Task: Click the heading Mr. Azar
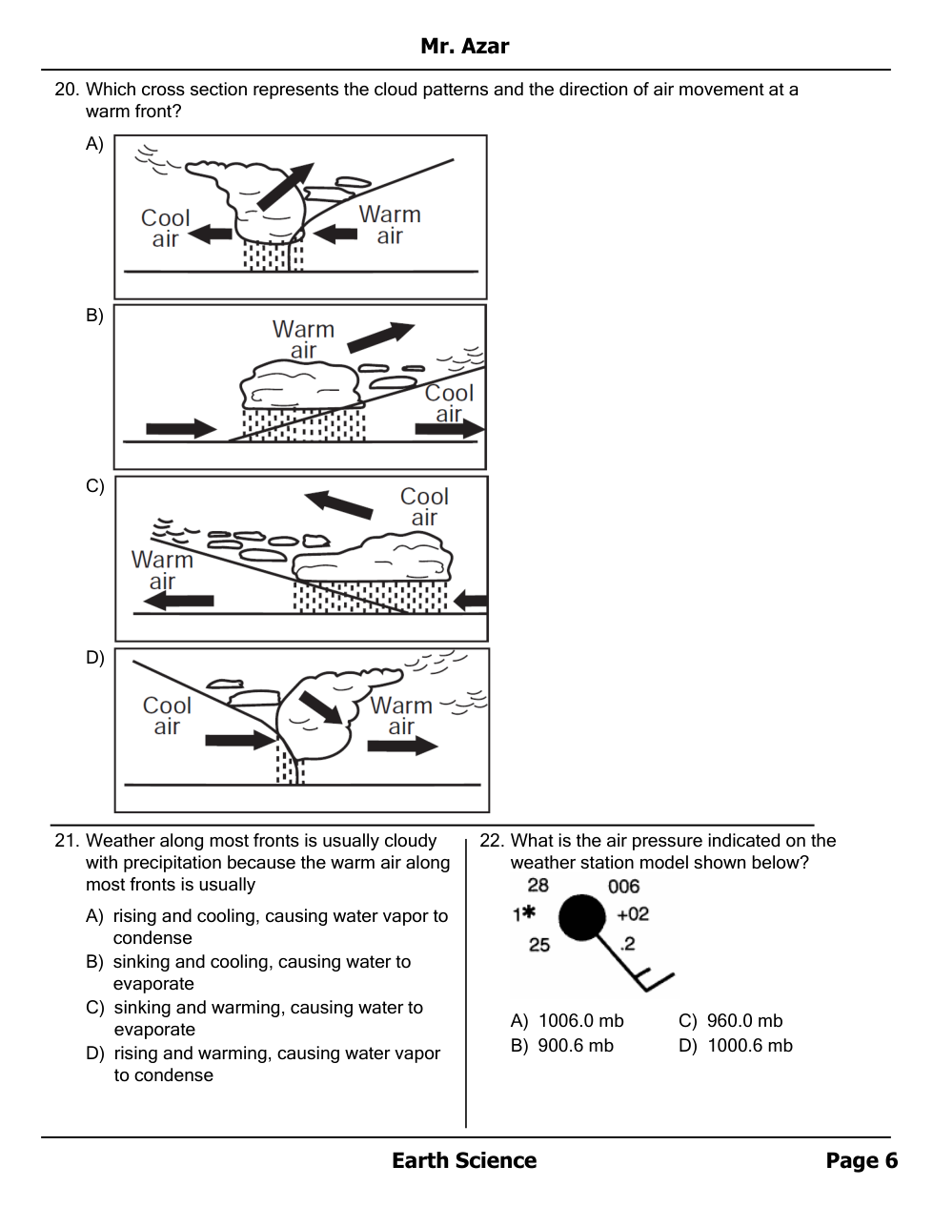[x=464, y=46]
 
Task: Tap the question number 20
[x=67, y=90]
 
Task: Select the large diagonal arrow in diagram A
[x=286, y=186]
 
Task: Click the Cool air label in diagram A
[x=166, y=228]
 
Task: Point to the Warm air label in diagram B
[x=303, y=339]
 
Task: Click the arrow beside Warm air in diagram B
[x=381, y=337]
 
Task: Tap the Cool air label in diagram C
[x=425, y=506]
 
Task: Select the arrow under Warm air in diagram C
[x=179, y=601]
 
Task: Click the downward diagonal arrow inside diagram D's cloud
[x=321, y=707]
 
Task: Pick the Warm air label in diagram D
[x=400, y=716]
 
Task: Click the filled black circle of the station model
[x=581, y=917]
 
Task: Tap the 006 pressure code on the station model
[x=624, y=887]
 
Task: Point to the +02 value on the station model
[x=633, y=914]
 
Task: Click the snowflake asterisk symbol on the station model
[x=529, y=912]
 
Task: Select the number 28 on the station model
[x=537, y=885]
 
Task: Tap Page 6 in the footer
[x=862, y=1161]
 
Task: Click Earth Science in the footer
[x=464, y=1161]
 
